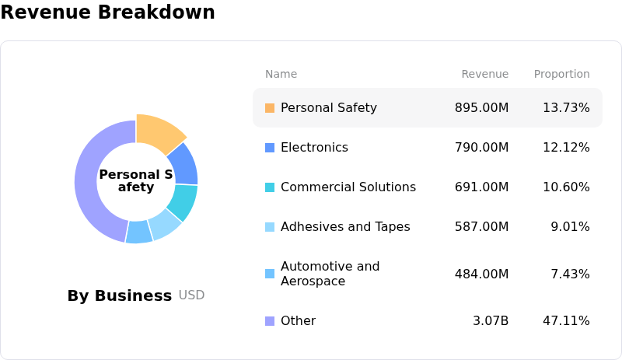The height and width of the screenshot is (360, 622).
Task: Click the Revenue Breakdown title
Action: [x=107, y=12]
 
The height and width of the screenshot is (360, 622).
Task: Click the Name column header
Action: [x=281, y=74]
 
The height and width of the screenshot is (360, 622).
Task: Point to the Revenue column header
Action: [x=484, y=74]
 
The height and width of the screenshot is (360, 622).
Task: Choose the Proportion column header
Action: [x=561, y=74]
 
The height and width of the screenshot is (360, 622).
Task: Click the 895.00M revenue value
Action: [x=481, y=108]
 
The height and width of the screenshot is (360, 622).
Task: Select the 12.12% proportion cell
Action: [x=566, y=148]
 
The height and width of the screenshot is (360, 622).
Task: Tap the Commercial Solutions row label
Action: [x=348, y=187]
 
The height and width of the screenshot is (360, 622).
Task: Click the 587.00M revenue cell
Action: [x=481, y=227]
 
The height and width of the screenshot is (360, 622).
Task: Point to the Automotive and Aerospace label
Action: [x=330, y=274]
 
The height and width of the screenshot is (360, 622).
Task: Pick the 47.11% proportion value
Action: [x=566, y=321]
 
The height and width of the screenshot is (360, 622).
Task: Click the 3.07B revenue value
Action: [x=491, y=321]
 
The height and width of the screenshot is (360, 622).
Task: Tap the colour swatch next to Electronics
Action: [x=270, y=148]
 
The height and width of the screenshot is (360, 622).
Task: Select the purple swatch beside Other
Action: [x=270, y=321]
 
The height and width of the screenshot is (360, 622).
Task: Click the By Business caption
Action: [x=119, y=295]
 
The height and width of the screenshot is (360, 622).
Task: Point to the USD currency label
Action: [x=191, y=295]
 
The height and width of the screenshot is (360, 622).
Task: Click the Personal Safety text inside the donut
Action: [x=136, y=180]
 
